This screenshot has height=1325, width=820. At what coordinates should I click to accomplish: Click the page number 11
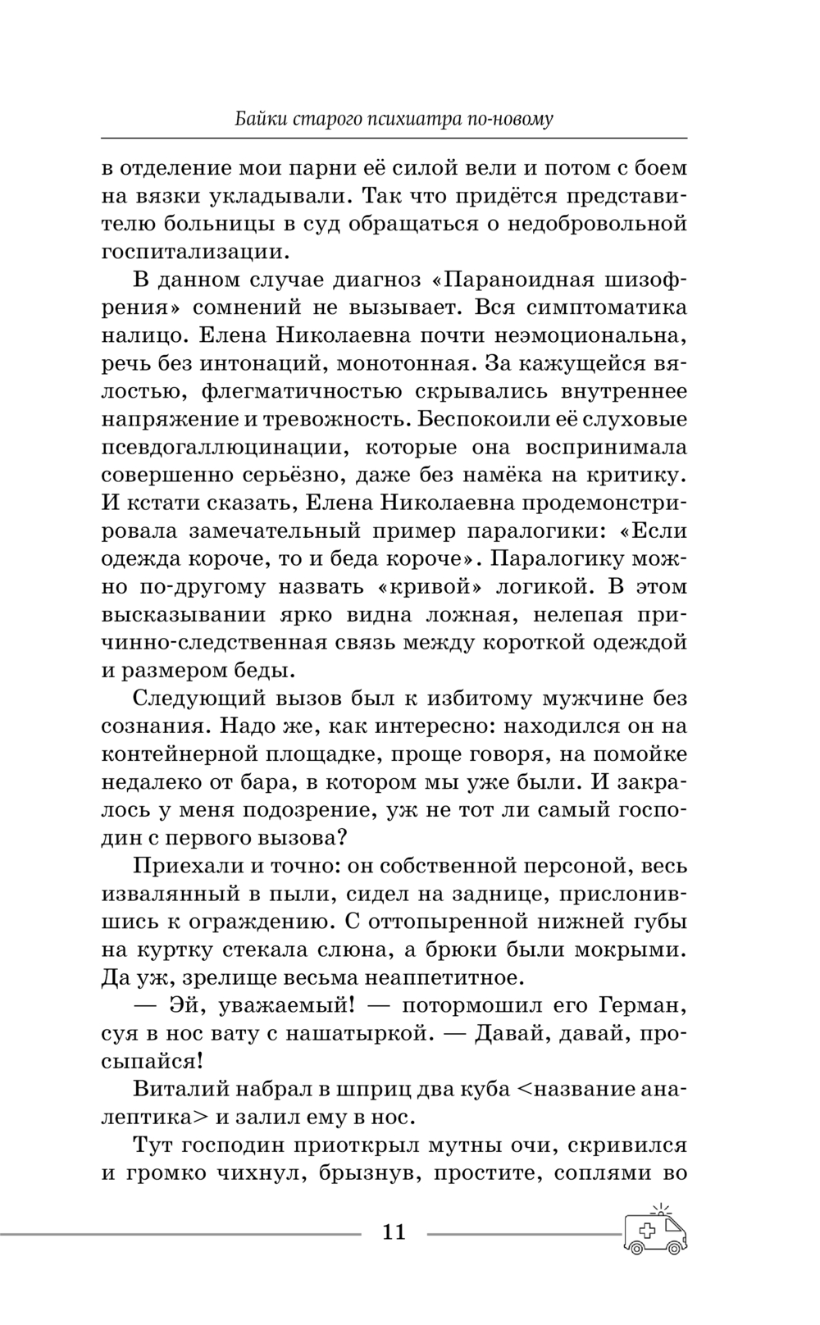coord(394,1232)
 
